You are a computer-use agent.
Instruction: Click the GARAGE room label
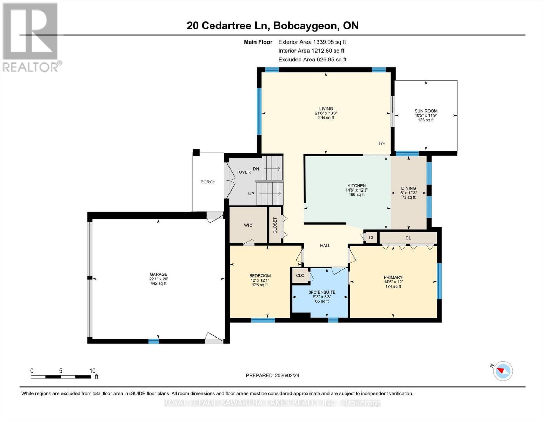[158, 274]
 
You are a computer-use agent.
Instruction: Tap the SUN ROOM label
[426, 111]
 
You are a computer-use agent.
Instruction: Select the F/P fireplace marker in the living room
[382, 143]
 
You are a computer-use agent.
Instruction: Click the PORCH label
[208, 182]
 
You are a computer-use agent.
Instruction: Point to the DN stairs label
[256, 169]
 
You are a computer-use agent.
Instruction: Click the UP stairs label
[251, 194]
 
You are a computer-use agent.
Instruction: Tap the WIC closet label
[248, 225]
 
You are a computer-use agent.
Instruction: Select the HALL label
[325, 246]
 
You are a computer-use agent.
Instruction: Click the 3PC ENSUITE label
[322, 292]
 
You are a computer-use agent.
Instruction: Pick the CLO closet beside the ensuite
[300, 275]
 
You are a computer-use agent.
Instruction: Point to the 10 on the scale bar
[92, 371]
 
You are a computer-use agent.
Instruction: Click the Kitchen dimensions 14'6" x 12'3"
[357, 190]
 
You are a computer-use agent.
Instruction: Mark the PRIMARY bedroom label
[393, 277]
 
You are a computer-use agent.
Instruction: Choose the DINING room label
[408, 188]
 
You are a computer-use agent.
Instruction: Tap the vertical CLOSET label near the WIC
[275, 225]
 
